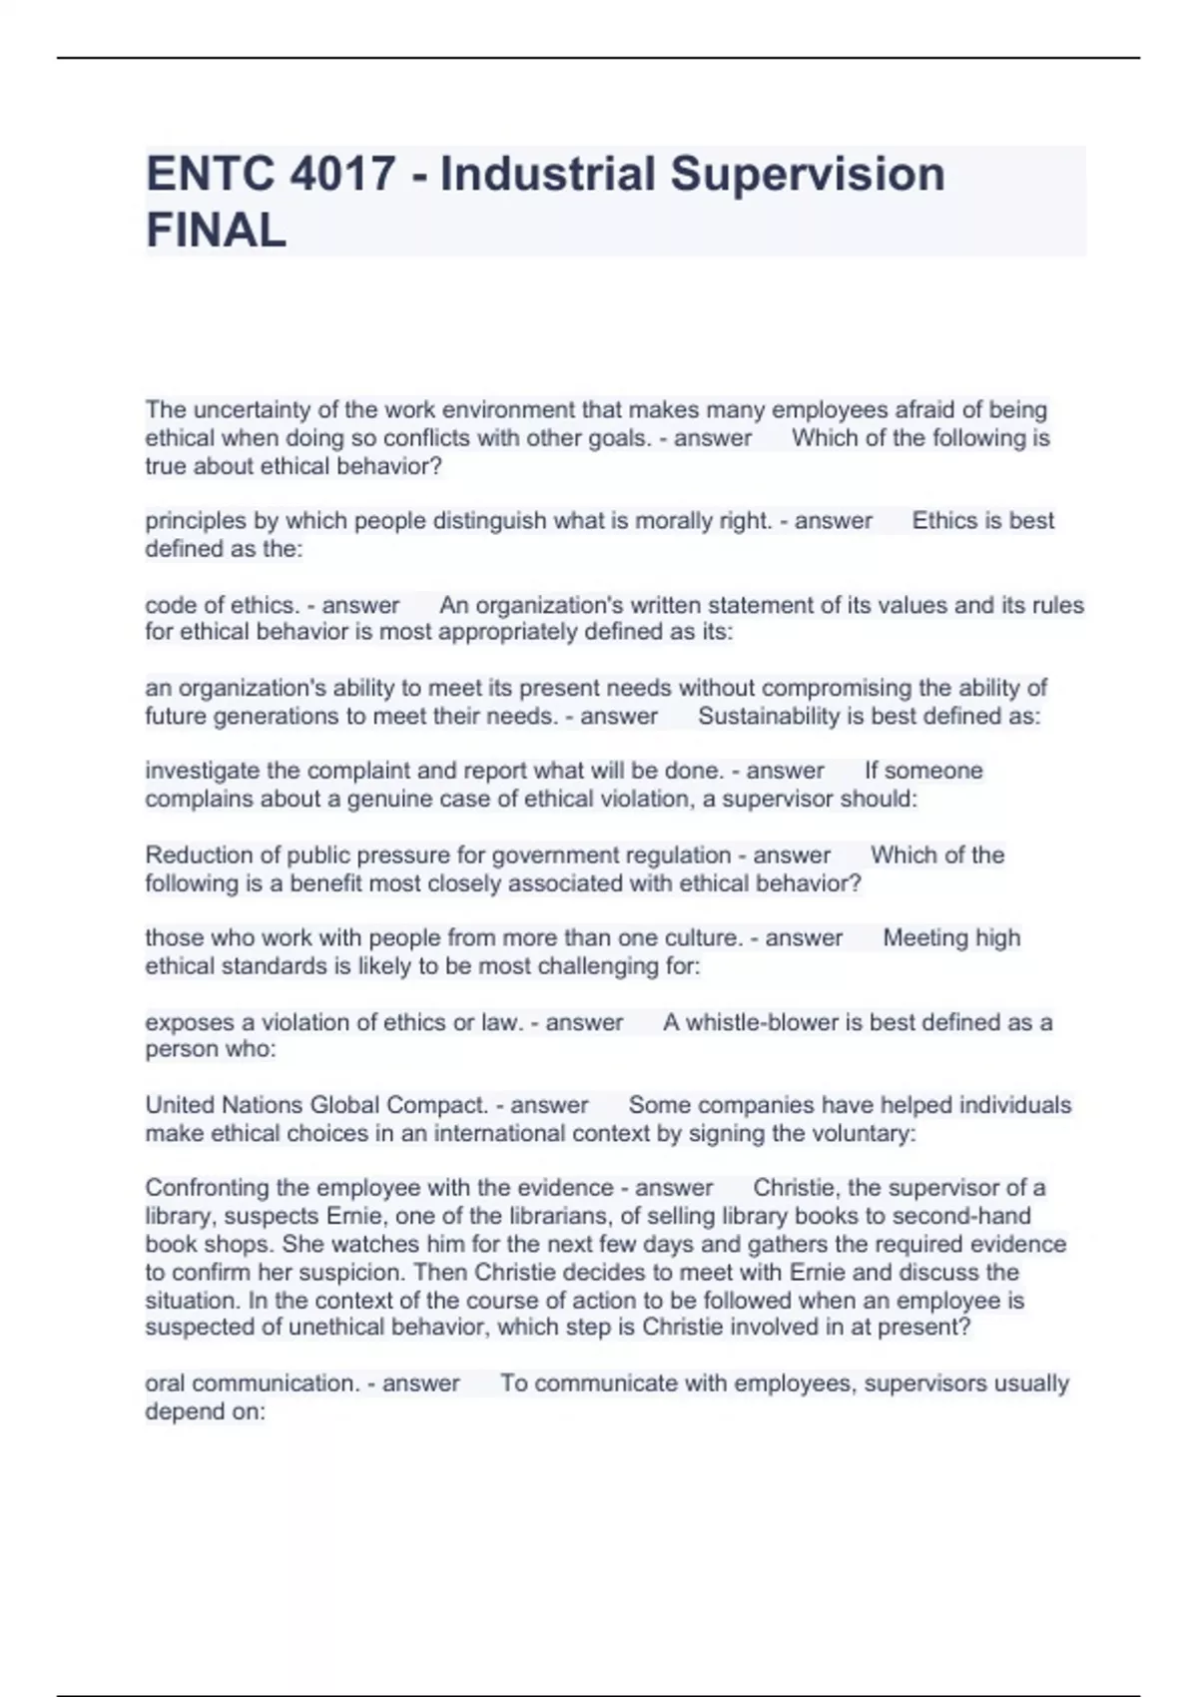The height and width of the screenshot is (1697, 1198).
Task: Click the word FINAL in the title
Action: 216,231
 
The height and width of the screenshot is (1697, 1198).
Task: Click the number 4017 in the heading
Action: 341,174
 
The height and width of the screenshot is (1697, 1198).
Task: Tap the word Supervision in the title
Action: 807,174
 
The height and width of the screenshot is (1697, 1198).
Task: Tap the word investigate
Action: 204,771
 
